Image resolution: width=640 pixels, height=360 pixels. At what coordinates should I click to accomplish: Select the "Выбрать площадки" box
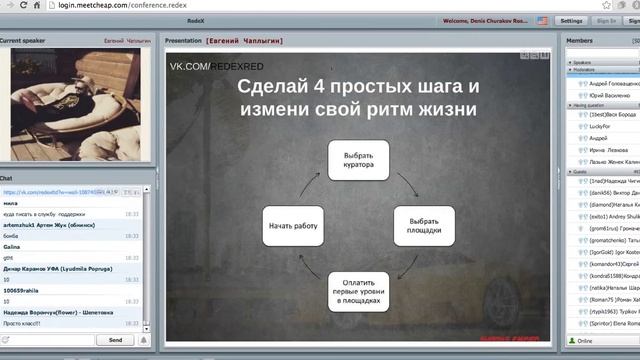(x=424, y=226)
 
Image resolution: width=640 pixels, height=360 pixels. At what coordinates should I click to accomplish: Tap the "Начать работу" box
(x=292, y=226)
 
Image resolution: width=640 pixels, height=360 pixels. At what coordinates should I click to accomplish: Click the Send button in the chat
(x=115, y=340)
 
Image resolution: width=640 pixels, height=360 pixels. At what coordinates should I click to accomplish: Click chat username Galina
(x=13, y=245)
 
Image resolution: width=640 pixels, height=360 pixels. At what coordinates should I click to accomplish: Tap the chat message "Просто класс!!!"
(x=23, y=323)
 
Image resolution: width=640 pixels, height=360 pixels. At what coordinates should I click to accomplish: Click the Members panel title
(x=580, y=41)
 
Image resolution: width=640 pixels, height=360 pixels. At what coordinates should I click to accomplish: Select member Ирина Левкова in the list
(x=611, y=149)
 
